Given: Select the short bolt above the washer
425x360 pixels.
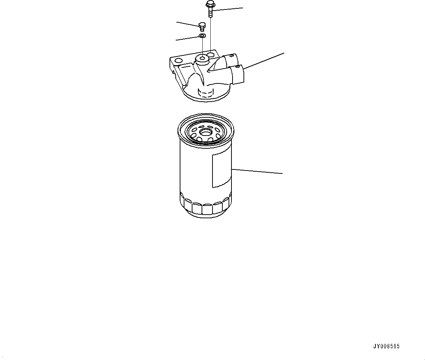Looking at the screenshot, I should (202, 25).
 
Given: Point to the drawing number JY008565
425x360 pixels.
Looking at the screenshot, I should (386, 347).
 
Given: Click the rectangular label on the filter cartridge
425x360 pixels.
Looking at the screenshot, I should (222, 170).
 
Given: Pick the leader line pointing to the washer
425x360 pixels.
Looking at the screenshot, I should (188, 38).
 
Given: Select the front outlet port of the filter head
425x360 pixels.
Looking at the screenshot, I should (237, 74).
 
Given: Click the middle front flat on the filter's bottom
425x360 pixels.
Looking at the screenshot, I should (207, 210).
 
